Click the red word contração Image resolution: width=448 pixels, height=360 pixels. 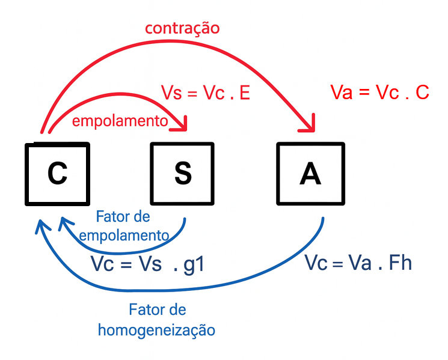[x=182, y=28]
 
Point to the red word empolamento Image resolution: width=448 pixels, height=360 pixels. [x=120, y=121]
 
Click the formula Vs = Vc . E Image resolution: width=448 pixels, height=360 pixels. [x=206, y=93]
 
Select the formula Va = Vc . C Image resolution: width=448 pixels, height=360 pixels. [x=379, y=93]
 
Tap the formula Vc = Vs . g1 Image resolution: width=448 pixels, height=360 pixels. [x=147, y=264]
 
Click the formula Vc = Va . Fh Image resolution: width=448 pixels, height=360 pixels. [x=358, y=263]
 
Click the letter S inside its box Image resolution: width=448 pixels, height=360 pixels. [x=182, y=173]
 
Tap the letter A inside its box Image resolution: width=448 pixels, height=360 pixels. [x=310, y=173]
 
